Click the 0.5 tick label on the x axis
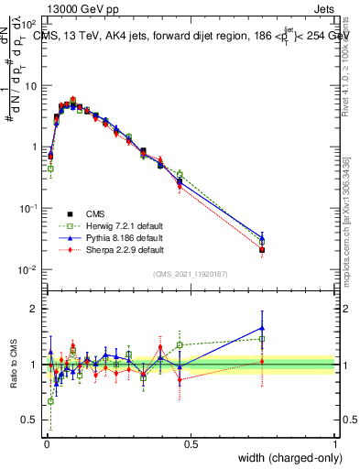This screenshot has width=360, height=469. click(x=191, y=443)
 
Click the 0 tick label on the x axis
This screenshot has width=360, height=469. click(x=47, y=443)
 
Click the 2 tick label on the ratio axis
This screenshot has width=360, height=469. click(x=34, y=309)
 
